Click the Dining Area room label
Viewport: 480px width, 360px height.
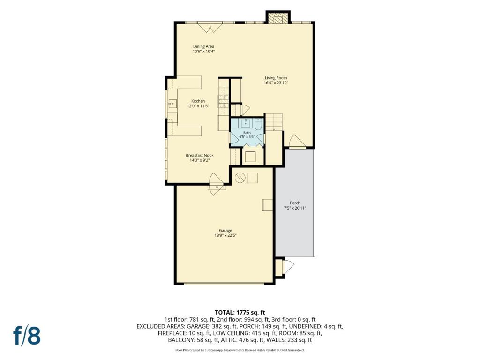[203, 46]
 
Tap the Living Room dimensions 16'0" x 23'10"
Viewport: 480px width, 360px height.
[276, 83]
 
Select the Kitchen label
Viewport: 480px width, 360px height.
[198, 101]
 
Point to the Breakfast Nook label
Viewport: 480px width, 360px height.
[200, 155]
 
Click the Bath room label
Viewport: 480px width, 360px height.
[247, 133]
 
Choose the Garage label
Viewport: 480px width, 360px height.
[225, 231]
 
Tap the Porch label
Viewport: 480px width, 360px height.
[295, 203]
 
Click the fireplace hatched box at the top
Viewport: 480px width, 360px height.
[277, 17]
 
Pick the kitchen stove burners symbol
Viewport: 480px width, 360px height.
[223, 102]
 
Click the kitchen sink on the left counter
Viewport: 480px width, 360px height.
[172, 104]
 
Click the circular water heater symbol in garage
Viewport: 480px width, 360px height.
[240, 178]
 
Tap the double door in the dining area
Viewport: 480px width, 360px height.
[210, 27]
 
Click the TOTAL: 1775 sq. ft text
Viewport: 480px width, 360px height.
[240, 313]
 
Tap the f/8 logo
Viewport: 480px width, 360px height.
[27, 335]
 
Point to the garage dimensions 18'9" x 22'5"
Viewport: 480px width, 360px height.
[225, 236]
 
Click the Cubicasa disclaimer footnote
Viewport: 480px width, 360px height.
[240, 350]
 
